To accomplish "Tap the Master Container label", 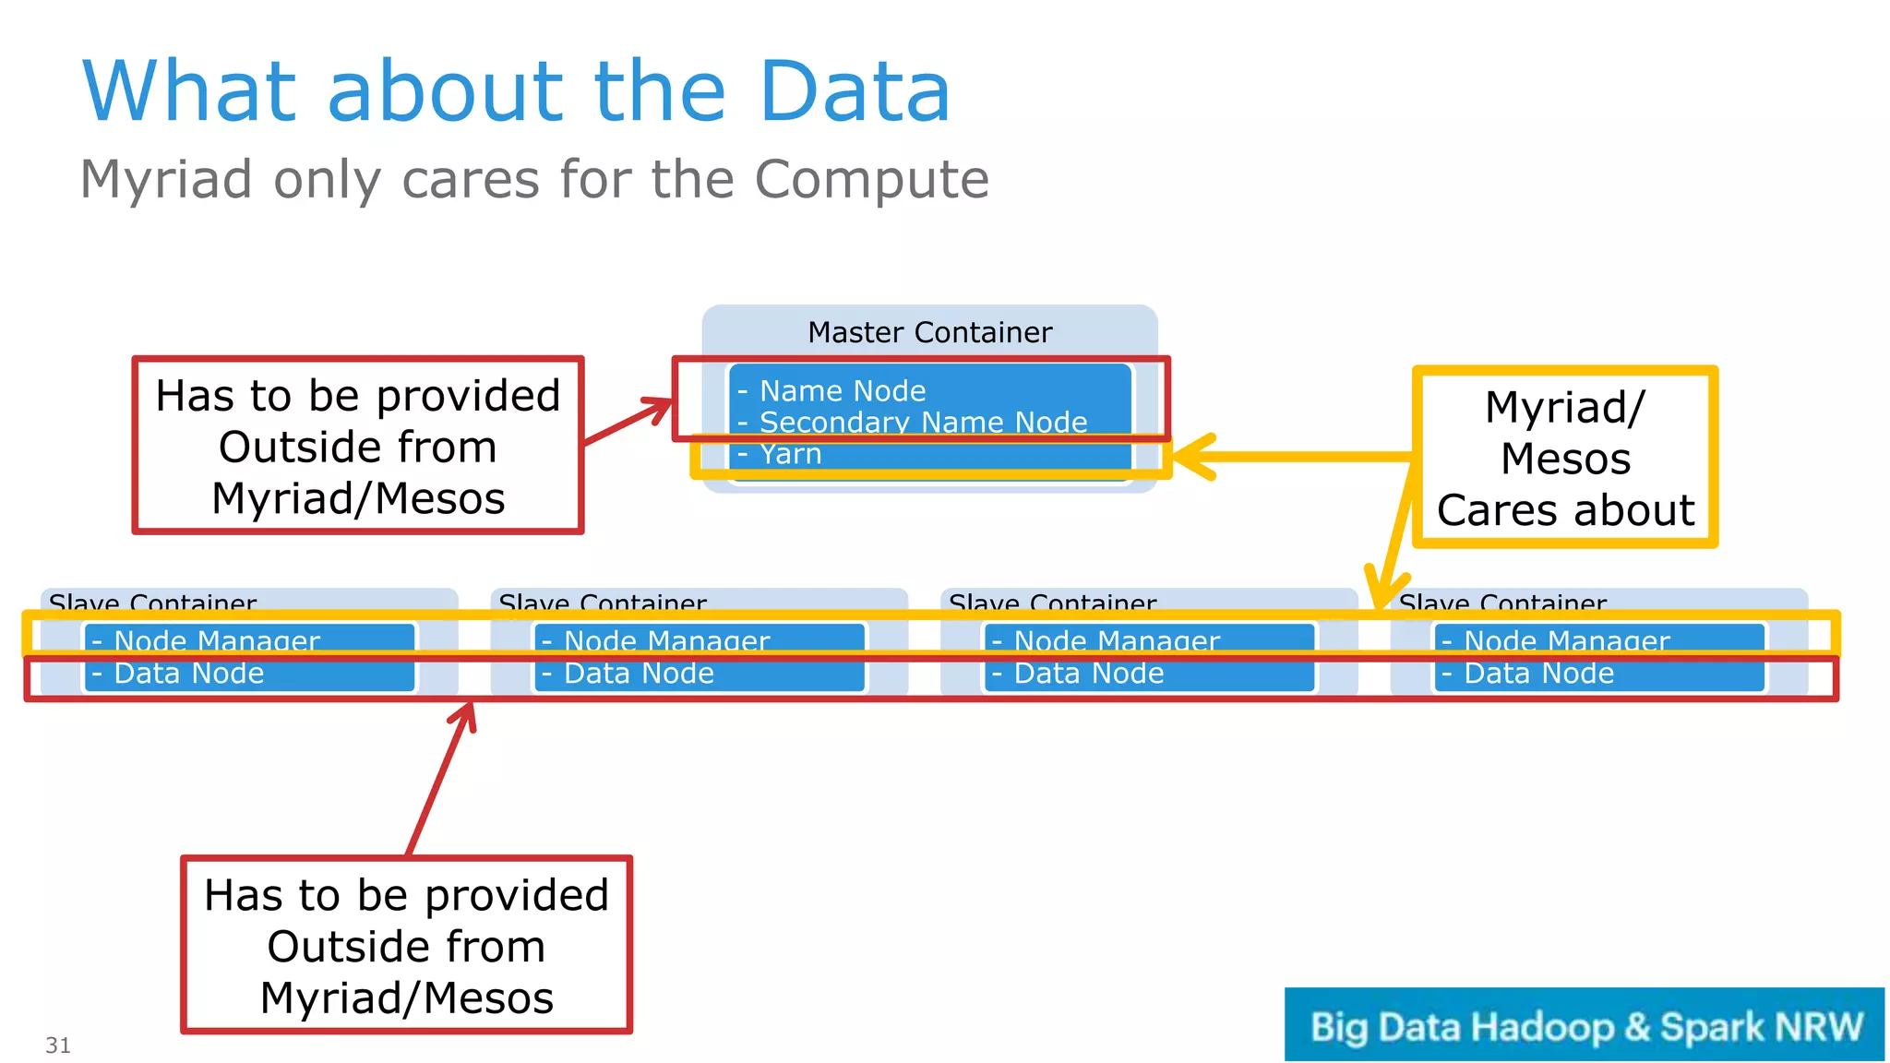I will click(929, 332).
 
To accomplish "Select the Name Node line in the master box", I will click(842, 390).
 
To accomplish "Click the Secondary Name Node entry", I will click(923, 422).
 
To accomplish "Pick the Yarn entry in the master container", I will click(790, 454).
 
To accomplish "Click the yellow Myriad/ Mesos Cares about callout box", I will click(1565, 458).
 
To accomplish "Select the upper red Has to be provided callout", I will click(358, 446).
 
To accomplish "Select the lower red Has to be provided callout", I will click(406, 946).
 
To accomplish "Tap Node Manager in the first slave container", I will click(217, 639).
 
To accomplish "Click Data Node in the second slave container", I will click(639, 674).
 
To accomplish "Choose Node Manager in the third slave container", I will click(1117, 639).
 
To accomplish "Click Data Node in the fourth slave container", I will click(1538, 674).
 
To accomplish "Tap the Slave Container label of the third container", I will click(1052, 603).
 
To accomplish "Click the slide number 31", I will click(58, 1045).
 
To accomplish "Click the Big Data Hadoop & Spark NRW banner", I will click(1584, 1025).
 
